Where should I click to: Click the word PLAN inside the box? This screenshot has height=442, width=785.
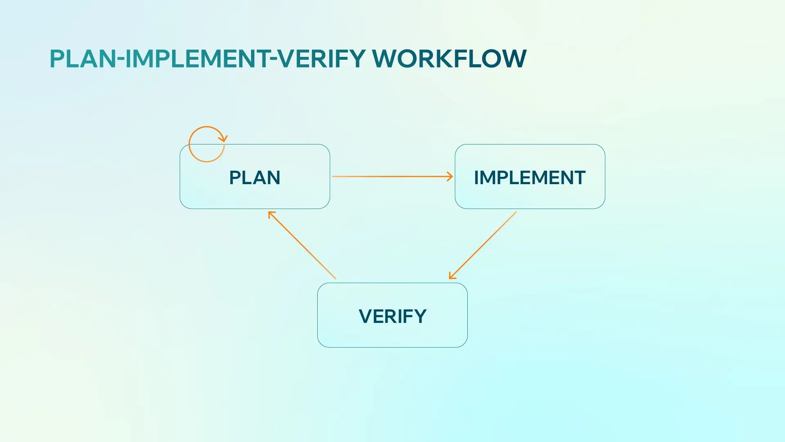point(254,178)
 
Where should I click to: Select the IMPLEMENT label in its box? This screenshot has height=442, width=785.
point(529,178)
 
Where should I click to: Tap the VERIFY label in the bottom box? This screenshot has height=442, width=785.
point(392,316)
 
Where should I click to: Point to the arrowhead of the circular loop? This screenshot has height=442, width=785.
point(224,139)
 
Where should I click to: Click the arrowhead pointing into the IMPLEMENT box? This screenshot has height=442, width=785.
point(450,176)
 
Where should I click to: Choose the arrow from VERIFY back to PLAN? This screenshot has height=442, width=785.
point(303,246)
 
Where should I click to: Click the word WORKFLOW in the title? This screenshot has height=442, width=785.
point(449,59)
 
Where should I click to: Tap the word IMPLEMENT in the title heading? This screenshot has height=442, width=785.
point(197,59)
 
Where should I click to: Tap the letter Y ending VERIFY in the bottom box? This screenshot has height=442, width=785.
point(420,316)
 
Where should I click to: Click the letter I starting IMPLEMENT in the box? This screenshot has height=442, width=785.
point(476,178)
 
